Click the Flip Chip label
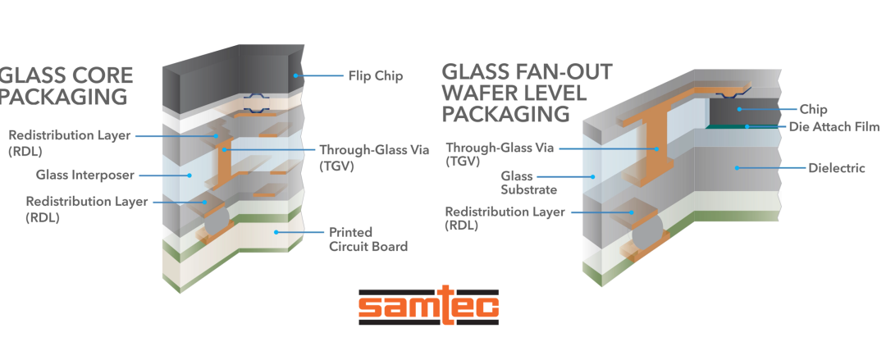pos(374,76)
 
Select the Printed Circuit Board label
pos(368,239)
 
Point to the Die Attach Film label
pos(834,127)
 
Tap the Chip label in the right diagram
pos(814,109)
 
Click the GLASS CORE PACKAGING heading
pos(66,86)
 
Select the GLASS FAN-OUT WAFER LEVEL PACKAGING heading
pos(525,92)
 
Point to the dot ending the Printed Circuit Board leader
pos(276,232)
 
